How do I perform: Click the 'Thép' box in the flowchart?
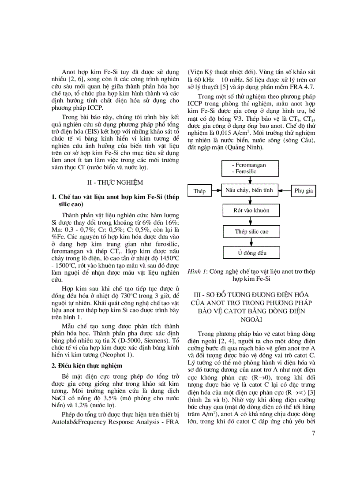click(x=199, y=191)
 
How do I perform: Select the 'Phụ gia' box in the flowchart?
click(x=304, y=191)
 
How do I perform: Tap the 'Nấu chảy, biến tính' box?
click(x=249, y=190)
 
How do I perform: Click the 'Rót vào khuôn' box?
click(x=251, y=210)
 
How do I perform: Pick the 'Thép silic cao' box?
click(x=251, y=231)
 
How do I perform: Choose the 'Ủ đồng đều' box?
click(x=251, y=253)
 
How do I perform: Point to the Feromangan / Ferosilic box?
click(x=251, y=168)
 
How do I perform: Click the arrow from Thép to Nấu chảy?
click(x=216, y=191)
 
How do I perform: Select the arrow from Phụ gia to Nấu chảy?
click(x=285, y=191)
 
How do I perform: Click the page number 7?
click(x=313, y=433)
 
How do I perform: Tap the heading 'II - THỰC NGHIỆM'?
click(x=115, y=182)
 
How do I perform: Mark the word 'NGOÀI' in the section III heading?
click(x=251, y=318)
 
